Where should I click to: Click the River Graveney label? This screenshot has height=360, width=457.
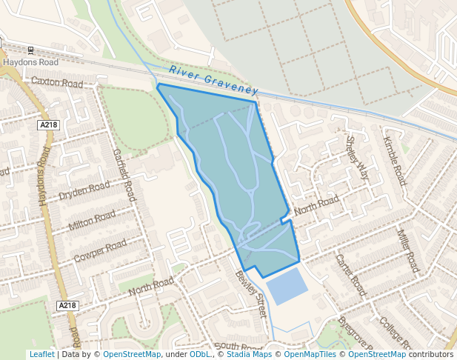click(213, 80)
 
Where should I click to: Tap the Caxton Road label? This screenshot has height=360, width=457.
click(57, 83)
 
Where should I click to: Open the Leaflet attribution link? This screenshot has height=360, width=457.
click(41, 355)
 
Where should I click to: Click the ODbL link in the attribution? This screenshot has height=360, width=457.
click(199, 355)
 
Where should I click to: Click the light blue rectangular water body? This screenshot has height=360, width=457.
click(285, 286)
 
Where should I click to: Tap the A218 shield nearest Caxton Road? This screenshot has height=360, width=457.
click(48, 125)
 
